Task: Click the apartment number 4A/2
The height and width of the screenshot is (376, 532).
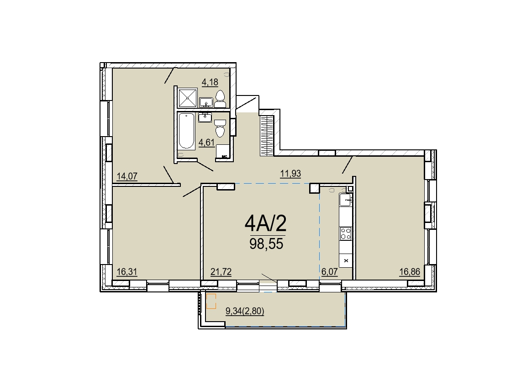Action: click(x=266, y=223)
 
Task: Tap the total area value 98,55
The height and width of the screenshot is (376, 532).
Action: click(x=266, y=244)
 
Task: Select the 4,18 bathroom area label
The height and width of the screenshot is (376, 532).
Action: click(x=210, y=82)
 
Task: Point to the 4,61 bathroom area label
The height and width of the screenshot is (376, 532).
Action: click(x=206, y=142)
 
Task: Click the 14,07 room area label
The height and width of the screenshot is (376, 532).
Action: click(x=127, y=176)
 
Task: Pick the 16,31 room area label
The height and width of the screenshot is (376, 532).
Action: click(x=127, y=272)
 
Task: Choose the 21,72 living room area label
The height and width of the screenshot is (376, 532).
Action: click(x=221, y=272)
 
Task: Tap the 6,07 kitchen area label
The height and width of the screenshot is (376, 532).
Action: click(x=329, y=272)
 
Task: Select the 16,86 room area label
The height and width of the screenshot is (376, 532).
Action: click(x=410, y=272)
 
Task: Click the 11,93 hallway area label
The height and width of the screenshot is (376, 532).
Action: click(x=290, y=174)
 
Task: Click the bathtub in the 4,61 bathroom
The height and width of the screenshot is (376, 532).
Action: click(x=186, y=131)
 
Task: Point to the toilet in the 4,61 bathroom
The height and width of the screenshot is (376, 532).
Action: click(x=220, y=128)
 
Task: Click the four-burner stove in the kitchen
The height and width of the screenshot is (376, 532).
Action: click(x=345, y=233)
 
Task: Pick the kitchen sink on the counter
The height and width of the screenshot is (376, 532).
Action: click(x=345, y=200)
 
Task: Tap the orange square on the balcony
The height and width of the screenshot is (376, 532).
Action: click(x=211, y=302)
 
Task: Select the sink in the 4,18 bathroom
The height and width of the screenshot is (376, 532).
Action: click(x=206, y=102)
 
